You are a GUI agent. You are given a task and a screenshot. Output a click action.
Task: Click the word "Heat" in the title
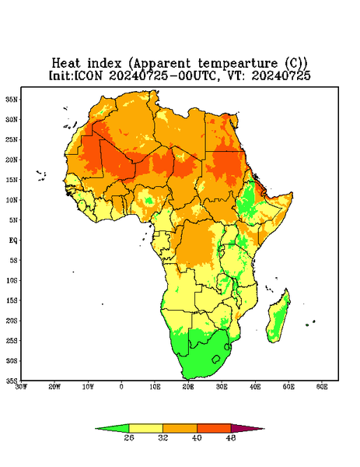click(x=66, y=64)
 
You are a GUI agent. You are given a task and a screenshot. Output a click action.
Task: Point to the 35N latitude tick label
click(x=12, y=100)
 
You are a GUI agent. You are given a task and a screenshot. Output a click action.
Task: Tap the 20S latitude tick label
click(x=12, y=321)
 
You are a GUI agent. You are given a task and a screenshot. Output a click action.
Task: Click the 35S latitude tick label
click(x=12, y=381)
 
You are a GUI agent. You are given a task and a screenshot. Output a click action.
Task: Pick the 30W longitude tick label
click(x=22, y=387)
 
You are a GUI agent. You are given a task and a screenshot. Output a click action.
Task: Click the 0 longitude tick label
click(x=121, y=387)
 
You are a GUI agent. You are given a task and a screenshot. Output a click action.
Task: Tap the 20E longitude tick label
click(x=188, y=387)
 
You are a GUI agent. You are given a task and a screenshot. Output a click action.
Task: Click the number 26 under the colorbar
click(x=129, y=437)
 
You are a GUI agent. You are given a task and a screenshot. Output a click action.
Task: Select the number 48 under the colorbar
click(x=231, y=437)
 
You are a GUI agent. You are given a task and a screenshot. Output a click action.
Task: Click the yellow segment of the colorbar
click(x=145, y=428)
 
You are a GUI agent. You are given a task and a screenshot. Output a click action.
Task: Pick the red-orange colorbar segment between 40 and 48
click(x=214, y=428)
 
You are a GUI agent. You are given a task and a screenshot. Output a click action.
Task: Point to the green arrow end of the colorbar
click(x=112, y=428)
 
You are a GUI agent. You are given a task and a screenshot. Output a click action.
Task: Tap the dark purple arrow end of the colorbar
click(x=247, y=428)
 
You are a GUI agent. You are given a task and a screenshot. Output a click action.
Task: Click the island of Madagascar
click(x=279, y=318)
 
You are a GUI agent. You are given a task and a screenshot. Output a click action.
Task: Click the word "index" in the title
click(x=104, y=64)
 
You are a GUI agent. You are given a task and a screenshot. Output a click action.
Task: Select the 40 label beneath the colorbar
click(x=197, y=437)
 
